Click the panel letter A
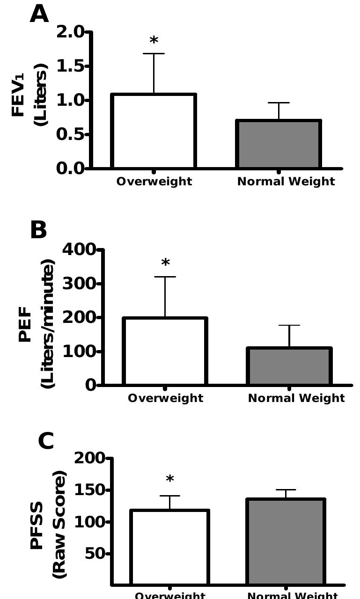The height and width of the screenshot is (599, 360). pos(39,14)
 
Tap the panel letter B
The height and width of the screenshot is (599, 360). pos(38,230)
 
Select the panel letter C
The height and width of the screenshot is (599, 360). pos(45,441)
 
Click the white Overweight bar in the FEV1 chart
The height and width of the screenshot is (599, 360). pos(154,131)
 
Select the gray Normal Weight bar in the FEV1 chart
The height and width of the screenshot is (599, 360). pos(279,144)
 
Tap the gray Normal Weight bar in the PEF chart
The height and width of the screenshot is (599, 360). pos(289,366)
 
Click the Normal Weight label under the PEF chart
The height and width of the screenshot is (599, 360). pos(296,398)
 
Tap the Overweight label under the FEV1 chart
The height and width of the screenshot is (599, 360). pos(154,182)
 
